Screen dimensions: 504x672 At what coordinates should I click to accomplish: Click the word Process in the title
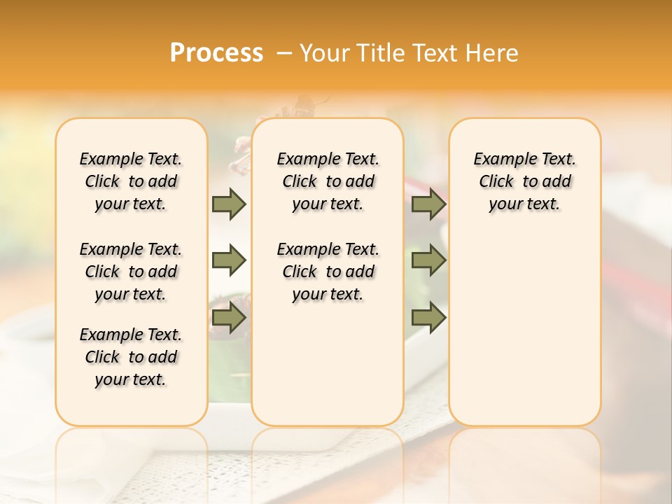point(216,53)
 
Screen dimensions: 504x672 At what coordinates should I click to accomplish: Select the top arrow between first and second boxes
point(229,204)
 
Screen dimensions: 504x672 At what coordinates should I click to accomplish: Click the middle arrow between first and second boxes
point(229,260)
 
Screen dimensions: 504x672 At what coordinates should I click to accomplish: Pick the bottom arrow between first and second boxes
point(229,318)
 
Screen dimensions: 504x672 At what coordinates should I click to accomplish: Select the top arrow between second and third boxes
point(428,204)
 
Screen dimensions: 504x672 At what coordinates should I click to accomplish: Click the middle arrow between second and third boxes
point(428,260)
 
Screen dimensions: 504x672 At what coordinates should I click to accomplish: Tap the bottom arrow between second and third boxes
point(428,318)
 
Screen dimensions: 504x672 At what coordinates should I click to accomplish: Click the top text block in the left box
point(131,181)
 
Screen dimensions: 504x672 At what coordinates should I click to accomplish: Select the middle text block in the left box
point(131,272)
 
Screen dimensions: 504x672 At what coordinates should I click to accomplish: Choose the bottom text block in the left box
point(131,357)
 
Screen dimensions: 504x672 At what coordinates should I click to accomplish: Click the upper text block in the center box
point(328,181)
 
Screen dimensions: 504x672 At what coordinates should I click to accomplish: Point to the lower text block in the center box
point(328,272)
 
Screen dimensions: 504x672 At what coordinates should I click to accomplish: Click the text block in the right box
point(525,181)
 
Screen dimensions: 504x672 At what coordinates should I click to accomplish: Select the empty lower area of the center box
point(328,364)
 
